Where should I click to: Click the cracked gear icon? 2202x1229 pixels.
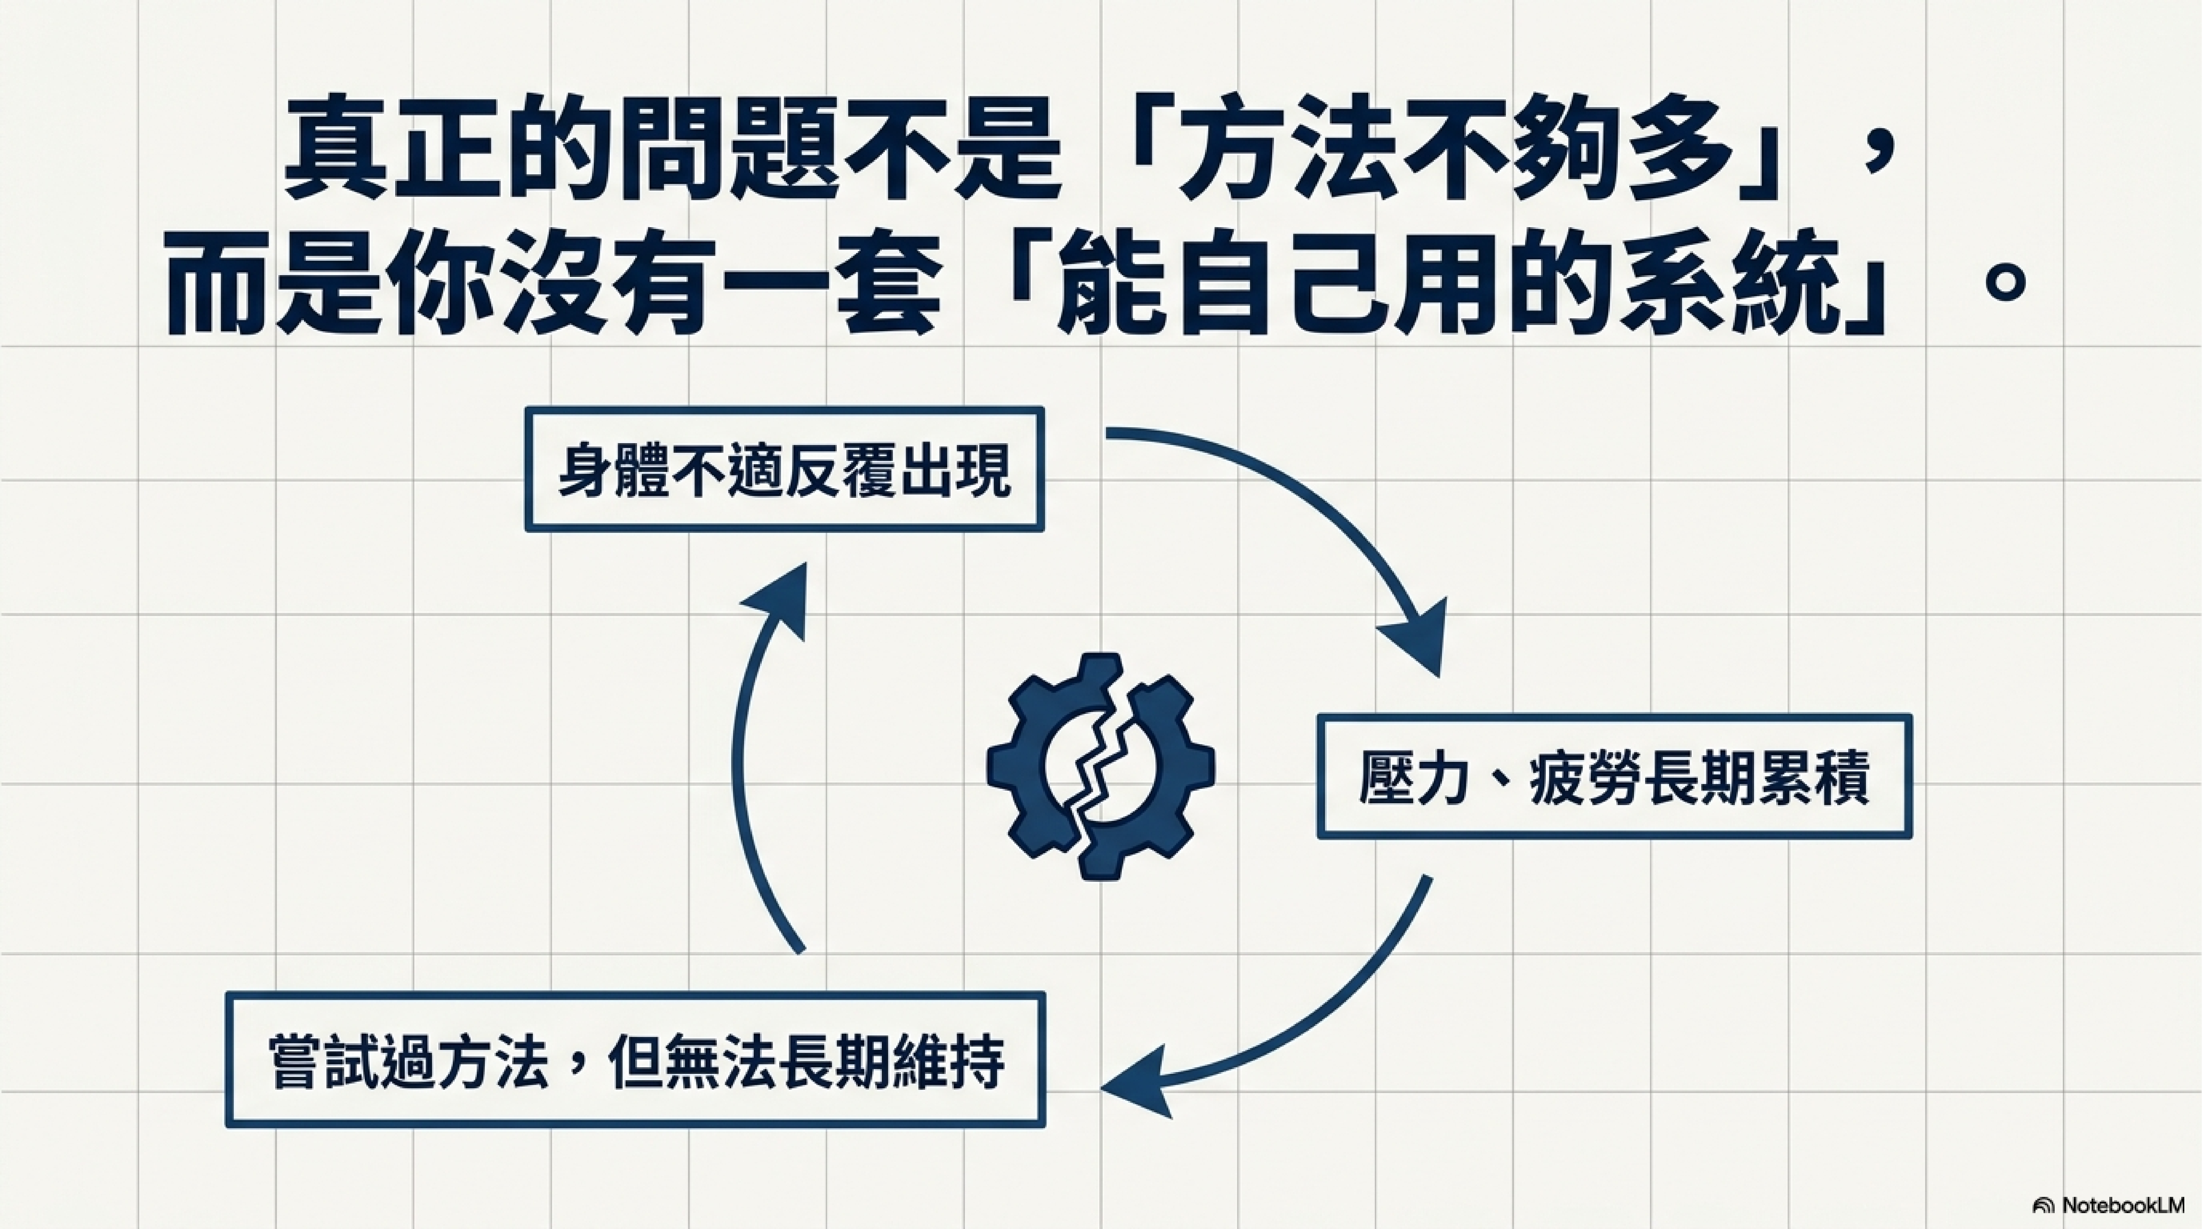1100,767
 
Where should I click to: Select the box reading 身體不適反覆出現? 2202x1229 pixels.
784,469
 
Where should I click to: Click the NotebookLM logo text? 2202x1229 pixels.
2120,1205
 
